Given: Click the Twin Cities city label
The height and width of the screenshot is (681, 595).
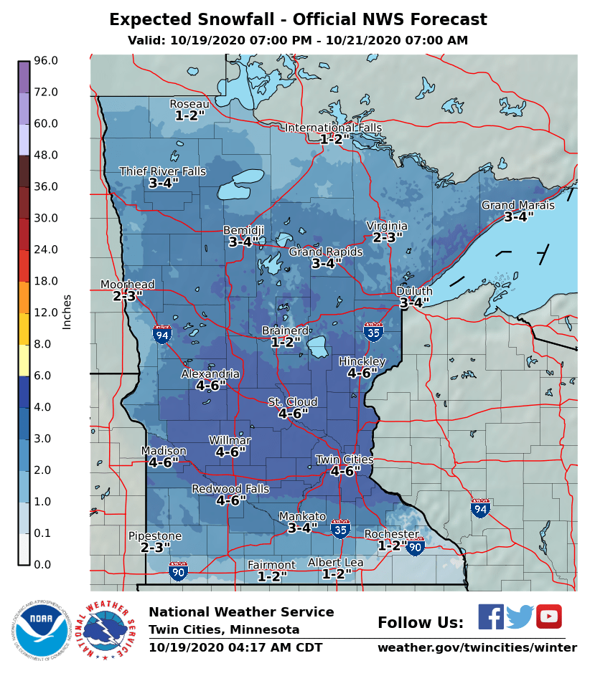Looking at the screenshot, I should [x=345, y=459].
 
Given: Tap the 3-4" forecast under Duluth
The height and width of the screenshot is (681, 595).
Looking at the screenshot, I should [x=414, y=303].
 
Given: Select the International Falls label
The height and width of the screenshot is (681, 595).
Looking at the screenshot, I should [x=333, y=128].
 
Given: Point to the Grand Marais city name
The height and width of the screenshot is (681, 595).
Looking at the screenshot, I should [x=517, y=205].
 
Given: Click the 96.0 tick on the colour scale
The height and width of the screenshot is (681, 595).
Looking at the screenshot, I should [x=45, y=61].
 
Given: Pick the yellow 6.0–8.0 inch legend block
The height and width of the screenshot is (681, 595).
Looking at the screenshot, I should [x=24, y=360].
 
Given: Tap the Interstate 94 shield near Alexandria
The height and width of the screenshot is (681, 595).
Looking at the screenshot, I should [x=162, y=334].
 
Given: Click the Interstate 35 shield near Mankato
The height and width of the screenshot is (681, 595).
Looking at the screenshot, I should [x=341, y=530].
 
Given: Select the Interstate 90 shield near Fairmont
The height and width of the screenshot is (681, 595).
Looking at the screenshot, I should [x=179, y=571].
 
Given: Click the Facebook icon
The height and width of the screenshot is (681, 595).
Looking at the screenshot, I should [x=491, y=616].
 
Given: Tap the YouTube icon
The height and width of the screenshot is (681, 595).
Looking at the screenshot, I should [x=549, y=616].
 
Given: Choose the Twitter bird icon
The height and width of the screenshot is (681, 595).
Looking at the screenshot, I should [x=520, y=616].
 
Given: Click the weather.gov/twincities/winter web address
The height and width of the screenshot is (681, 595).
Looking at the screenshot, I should [x=477, y=648].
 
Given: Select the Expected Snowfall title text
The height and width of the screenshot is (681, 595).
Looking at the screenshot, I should [x=298, y=20].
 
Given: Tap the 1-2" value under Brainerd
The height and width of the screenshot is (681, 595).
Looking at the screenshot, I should [x=286, y=343].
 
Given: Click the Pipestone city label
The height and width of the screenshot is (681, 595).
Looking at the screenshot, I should [x=155, y=536].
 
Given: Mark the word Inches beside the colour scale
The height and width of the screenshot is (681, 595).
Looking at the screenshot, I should [x=67, y=312].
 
